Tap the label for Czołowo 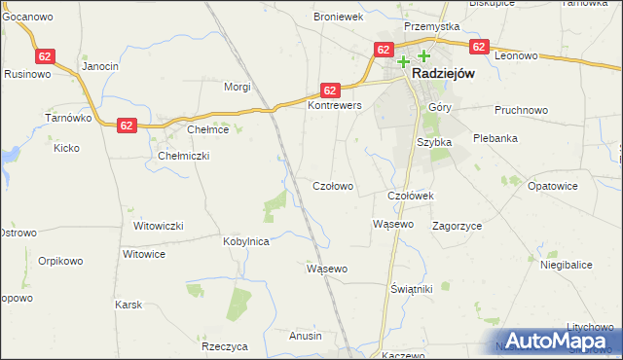(332, 186)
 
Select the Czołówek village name (410, 196)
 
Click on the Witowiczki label (159, 226)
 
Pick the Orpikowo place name (57, 261)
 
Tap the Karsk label (128, 306)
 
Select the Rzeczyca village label (225, 346)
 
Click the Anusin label (305, 336)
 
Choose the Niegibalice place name (565, 265)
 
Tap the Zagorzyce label (458, 226)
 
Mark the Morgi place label (238, 87)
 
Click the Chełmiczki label (184, 156)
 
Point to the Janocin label (100, 66)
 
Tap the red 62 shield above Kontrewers (331, 89)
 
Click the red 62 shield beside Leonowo (478, 46)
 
